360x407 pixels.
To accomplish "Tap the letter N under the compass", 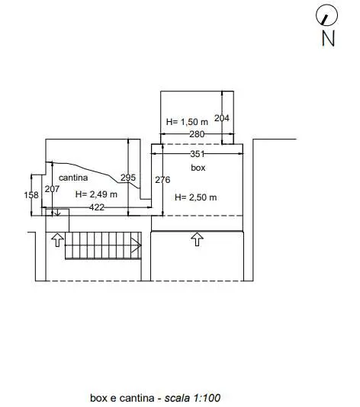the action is (328, 38).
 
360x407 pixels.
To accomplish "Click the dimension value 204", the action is (221, 118).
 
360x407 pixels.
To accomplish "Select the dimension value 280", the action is (197, 134).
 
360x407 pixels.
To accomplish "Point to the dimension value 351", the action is (198, 154).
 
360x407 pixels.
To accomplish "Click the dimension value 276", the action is (162, 180).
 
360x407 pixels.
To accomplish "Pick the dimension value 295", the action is (128, 178).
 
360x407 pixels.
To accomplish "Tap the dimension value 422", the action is (97, 207).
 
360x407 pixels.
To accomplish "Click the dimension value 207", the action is (52, 189).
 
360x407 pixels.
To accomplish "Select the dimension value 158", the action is (31, 195).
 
